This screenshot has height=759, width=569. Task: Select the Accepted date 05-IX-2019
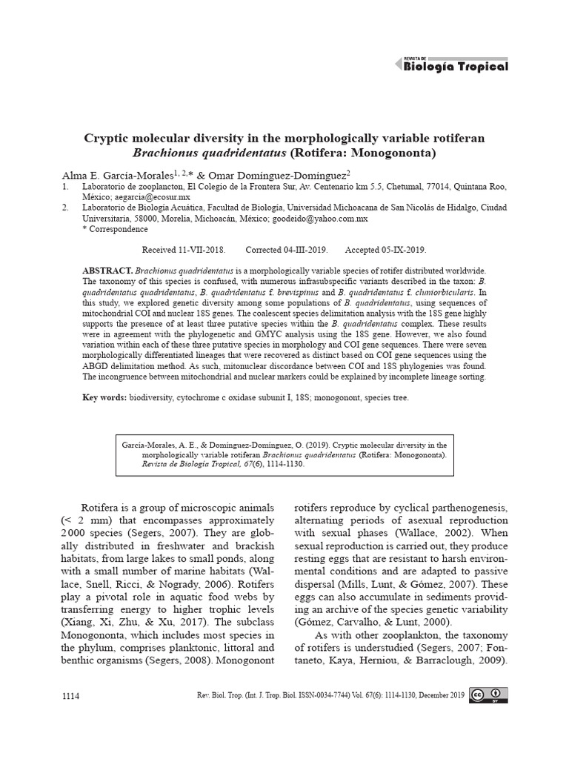pyautogui.click(x=397, y=250)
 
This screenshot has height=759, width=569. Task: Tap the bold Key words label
pyautogui.click(x=104, y=398)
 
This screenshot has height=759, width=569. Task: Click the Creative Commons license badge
pyautogui.click(x=488, y=695)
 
